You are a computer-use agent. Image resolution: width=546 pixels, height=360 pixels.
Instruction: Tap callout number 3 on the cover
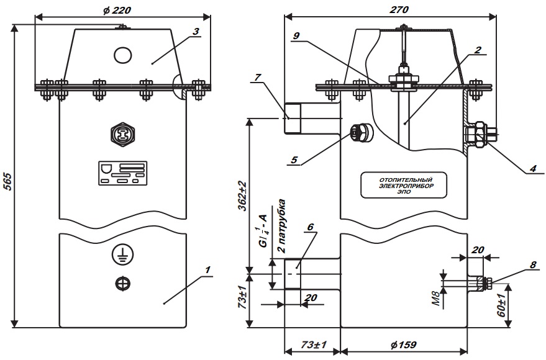(x=196, y=30)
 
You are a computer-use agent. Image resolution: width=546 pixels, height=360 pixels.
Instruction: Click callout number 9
(x=297, y=36)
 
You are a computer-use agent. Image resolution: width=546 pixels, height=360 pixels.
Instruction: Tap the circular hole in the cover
(x=123, y=55)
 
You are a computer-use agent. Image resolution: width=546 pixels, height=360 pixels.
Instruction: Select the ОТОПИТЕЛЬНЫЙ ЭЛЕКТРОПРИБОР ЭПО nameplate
(x=404, y=186)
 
